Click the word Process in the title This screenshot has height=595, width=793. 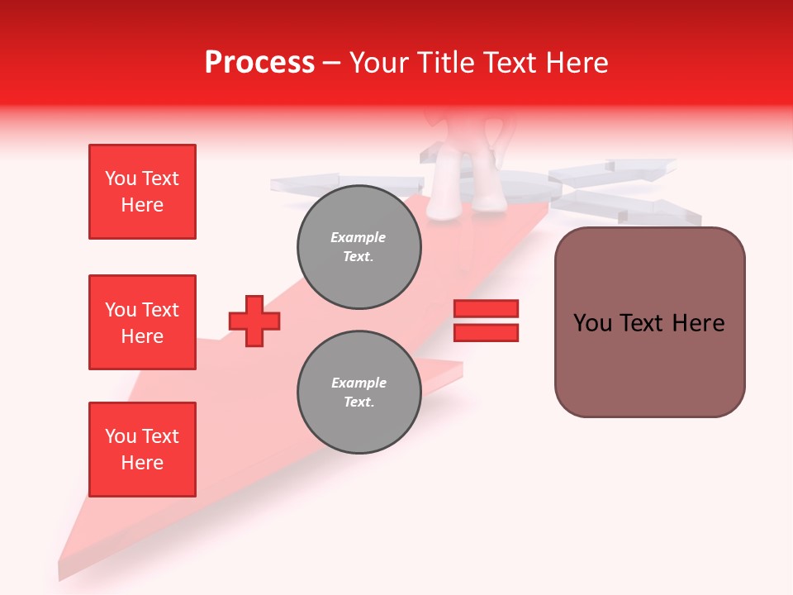(x=259, y=63)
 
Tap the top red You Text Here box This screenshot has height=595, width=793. (x=142, y=192)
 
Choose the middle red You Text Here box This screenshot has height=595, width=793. (x=142, y=322)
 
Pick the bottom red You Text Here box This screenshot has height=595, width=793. (x=142, y=450)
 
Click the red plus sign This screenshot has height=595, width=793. (x=254, y=321)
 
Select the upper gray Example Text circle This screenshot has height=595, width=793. (x=359, y=247)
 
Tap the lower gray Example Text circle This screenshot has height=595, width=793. (x=359, y=393)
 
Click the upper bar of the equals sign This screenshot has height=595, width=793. (x=486, y=308)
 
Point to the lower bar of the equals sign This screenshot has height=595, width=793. (x=486, y=332)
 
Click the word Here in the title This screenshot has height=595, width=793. (x=579, y=63)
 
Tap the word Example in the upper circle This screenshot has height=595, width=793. (x=359, y=237)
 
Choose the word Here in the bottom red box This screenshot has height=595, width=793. (x=142, y=463)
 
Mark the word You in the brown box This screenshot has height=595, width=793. (x=592, y=323)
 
